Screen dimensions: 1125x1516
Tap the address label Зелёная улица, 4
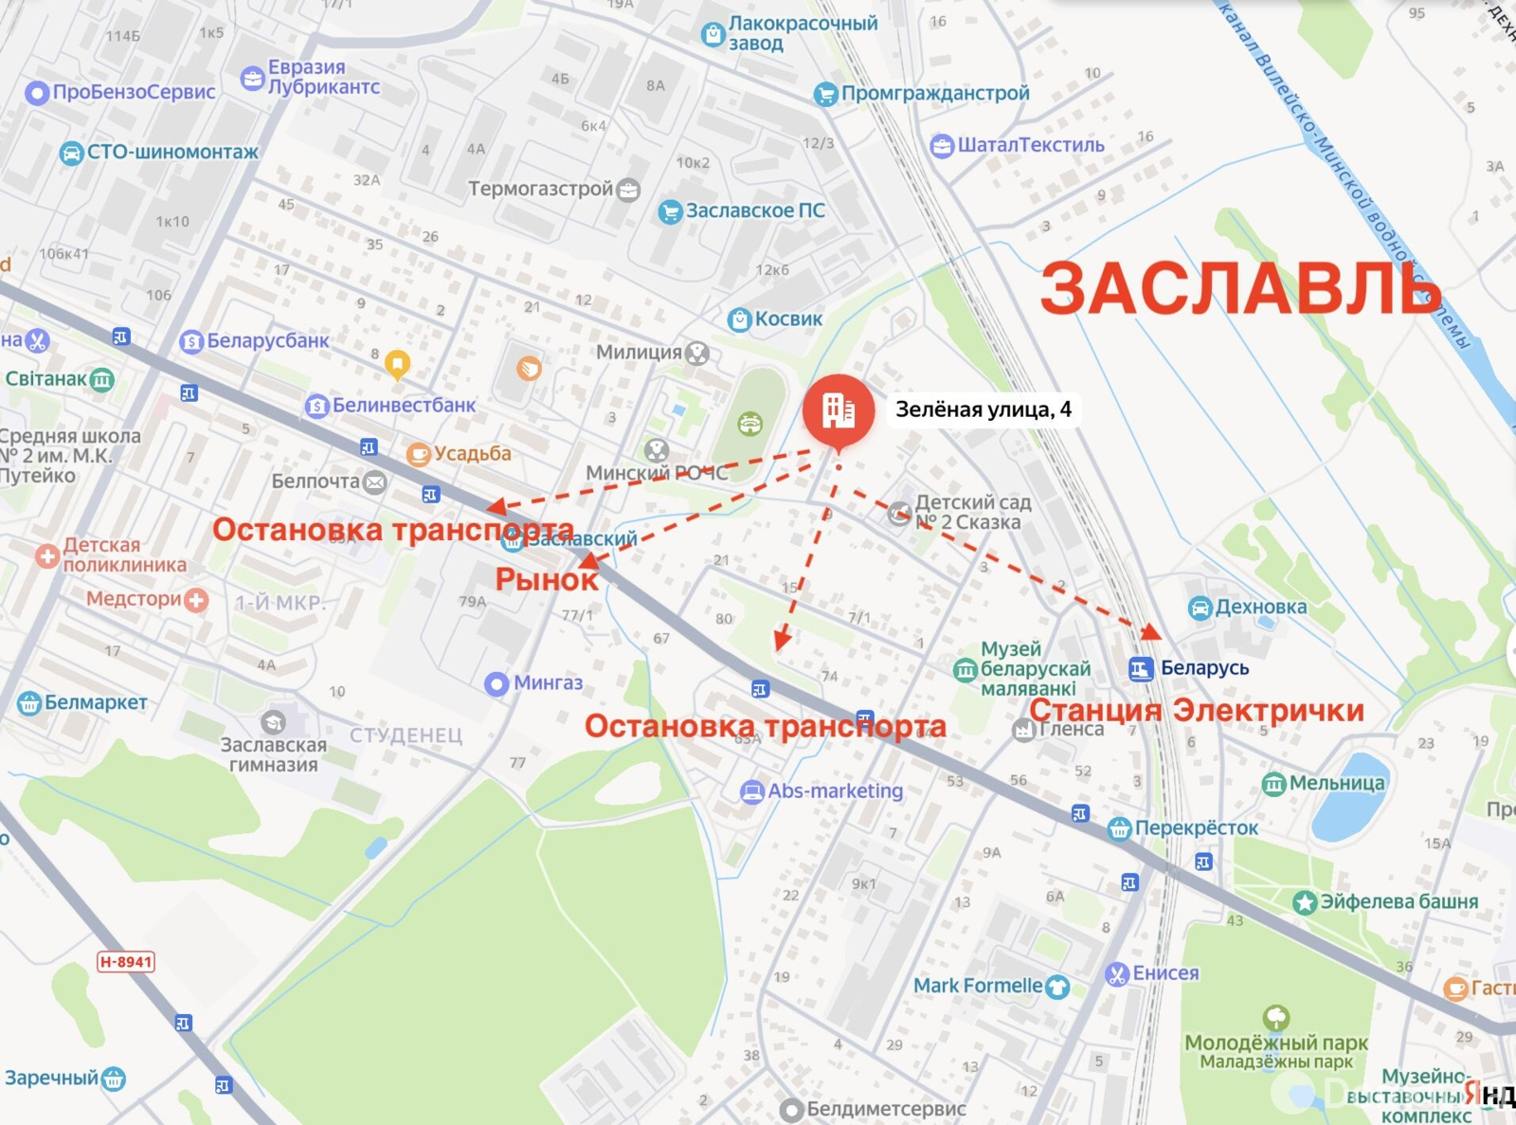983,409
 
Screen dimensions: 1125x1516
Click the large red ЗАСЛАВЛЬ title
1240,288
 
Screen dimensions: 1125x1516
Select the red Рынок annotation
547,579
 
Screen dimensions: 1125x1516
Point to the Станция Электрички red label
1197,710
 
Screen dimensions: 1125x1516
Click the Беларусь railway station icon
1141,669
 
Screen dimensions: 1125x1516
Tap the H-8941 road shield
126,962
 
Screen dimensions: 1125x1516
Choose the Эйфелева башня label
1399,901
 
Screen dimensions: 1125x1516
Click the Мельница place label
1336,783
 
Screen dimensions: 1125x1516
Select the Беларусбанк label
267,340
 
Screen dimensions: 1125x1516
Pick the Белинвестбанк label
404,406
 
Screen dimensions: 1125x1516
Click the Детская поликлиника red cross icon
47,555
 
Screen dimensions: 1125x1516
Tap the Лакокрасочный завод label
802,33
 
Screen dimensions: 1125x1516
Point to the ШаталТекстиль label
1030,145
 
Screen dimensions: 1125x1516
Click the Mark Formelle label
978,986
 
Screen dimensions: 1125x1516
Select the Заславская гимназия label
273,754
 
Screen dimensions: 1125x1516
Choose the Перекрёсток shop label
1196,827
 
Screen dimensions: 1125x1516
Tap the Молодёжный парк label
1275,1043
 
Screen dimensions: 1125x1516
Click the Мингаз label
547,682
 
